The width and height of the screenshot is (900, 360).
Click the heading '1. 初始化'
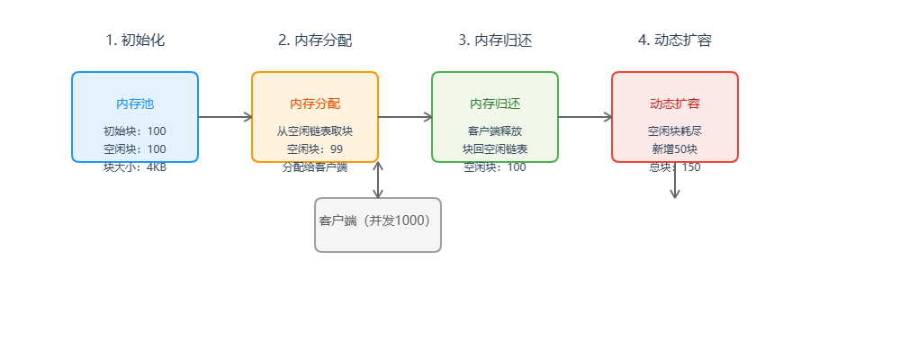tap(135, 40)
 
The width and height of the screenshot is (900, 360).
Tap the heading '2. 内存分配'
tap(315, 40)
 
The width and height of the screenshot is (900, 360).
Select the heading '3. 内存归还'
tap(495, 40)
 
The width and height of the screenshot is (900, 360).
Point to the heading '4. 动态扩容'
tap(675, 40)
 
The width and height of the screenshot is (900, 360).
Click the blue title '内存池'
tap(135, 103)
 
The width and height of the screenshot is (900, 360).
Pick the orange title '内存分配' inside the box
tap(315, 103)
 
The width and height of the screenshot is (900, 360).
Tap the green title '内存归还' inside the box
tap(495, 103)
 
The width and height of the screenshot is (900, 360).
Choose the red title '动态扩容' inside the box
tap(675, 103)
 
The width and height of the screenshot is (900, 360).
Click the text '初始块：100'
tap(135, 130)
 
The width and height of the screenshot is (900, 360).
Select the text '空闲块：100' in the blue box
tap(135, 148)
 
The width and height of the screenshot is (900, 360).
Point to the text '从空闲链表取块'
tap(315, 130)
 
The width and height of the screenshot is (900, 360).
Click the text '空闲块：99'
tap(315, 148)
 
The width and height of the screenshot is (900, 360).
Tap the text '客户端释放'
tap(495, 130)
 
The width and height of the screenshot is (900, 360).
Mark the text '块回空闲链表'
tap(495, 148)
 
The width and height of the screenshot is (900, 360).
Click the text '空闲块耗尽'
tap(675, 130)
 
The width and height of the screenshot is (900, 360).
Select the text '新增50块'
tap(675, 148)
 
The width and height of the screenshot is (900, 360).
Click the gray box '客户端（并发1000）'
tap(378, 224)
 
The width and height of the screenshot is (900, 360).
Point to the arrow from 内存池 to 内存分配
tap(225, 116)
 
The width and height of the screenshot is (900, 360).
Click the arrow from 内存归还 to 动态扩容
tap(585, 116)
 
